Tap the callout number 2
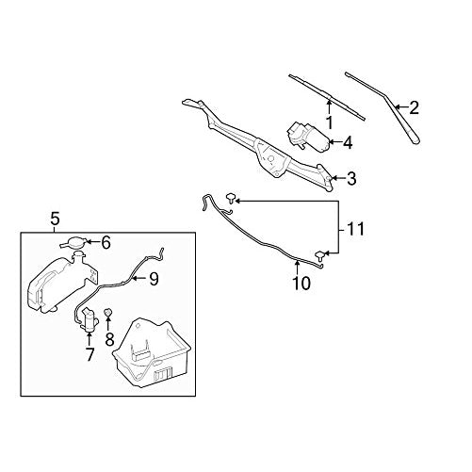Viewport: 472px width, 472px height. pos(415,107)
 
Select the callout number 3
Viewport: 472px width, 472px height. pos(351,177)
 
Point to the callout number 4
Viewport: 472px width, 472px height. pos(348,143)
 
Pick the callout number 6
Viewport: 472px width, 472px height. pos(106,242)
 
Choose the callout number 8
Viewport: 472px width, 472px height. pos(110,336)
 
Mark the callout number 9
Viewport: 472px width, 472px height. pos(154,278)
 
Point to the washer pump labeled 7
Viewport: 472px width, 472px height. pos(90,320)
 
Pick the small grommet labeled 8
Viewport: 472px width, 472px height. pos(109,313)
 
